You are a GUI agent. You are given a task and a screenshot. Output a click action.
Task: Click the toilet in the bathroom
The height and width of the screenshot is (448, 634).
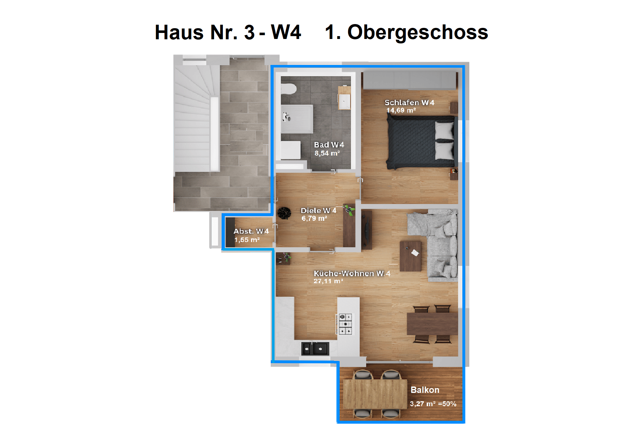(288, 89)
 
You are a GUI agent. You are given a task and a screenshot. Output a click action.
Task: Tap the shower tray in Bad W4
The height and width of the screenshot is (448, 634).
(297, 119)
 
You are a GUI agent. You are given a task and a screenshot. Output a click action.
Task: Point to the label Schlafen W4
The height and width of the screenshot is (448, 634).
(409, 102)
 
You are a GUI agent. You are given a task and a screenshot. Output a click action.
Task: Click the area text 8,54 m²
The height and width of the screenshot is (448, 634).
(327, 153)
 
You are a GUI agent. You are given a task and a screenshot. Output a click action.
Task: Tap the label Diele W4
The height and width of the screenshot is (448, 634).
(318, 210)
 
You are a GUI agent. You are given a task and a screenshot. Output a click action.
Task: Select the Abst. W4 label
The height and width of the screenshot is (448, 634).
(251, 231)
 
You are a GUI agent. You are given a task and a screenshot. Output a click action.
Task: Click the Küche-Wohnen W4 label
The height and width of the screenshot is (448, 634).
(352, 273)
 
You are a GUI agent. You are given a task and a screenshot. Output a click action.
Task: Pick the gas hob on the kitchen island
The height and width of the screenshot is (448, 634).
(345, 324)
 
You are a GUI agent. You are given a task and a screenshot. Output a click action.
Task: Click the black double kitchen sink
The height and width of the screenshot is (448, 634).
(315, 349)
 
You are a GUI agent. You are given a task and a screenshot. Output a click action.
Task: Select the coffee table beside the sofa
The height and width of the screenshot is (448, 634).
(411, 256)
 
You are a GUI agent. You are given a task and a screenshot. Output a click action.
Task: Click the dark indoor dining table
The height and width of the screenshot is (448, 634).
(432, 324)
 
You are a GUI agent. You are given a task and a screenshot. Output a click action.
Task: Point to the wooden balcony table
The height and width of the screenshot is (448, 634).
(375, 394)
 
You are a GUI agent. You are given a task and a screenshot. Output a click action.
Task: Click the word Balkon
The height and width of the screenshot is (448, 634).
(425, 390)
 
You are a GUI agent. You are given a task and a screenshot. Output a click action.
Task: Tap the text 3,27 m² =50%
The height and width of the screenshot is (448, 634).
(433, 404)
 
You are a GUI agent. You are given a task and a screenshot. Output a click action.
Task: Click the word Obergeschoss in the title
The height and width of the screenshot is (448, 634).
(418, 33)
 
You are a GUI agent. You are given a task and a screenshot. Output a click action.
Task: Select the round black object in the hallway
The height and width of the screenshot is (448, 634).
(284, 213)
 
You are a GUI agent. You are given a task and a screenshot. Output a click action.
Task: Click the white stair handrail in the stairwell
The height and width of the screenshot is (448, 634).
(215, 134)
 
